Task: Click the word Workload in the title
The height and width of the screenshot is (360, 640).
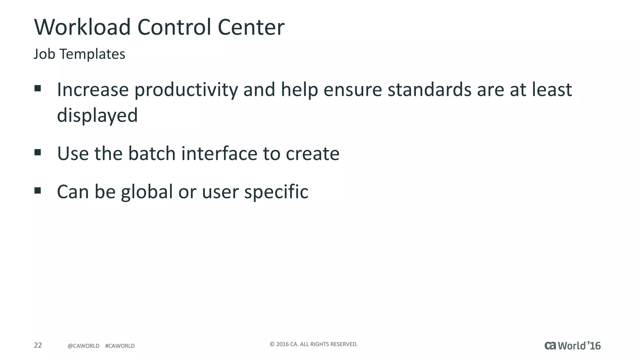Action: point(82,27)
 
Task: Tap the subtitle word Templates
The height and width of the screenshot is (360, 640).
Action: point(92,54)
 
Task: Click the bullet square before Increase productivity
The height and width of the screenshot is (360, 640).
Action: point(38,88)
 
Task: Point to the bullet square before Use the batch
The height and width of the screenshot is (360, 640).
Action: point(38,152)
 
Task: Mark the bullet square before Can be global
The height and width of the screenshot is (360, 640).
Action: point(38,191)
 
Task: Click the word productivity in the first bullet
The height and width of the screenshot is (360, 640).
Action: point(186,90)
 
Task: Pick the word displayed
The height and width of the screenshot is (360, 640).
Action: point(97,116)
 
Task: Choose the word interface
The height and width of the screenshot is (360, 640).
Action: point(219,154)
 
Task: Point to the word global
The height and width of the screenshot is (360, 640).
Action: point(147,192)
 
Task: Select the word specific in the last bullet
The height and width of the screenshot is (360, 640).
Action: point(276,192)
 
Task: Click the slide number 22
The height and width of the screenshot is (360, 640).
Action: point(38,345)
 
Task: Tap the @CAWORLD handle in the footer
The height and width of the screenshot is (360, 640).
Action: point(83,346)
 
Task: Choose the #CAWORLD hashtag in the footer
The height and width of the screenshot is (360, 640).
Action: point(120,346)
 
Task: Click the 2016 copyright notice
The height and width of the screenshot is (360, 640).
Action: point(313,344)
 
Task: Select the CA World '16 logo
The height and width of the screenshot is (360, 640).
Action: point(572,346)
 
